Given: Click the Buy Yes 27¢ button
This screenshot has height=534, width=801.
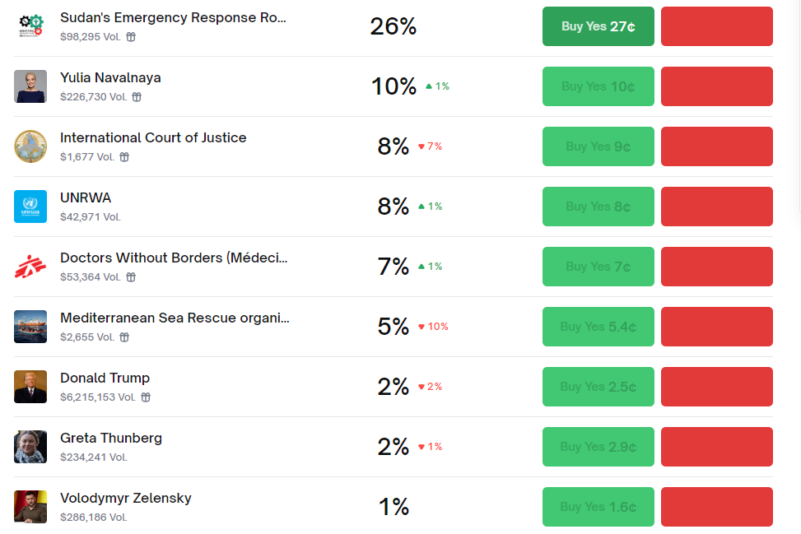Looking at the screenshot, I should point(598,26).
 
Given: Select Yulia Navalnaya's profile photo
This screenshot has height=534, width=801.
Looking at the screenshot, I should point(30,86).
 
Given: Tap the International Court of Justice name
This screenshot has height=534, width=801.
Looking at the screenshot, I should point(153,137).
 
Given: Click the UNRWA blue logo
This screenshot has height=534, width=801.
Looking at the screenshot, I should point(30,207).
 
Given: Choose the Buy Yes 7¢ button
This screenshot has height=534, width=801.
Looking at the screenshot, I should point(598,267).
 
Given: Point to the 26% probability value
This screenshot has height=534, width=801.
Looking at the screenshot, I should point(394,26).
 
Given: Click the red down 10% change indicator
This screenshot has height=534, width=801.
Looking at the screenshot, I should point(433,327).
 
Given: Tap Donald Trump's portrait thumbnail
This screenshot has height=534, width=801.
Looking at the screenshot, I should point(30,387).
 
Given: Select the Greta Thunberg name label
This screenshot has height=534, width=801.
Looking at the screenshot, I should point(111,438).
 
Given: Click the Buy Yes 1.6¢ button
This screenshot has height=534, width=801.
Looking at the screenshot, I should point(598,507).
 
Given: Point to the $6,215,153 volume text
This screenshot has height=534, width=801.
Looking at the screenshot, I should point(97,397).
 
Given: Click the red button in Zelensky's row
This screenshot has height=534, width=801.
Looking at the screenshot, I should point(716,507).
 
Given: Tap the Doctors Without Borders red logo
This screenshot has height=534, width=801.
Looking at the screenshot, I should point(30,267).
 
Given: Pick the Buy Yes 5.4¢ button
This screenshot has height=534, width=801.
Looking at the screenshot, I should point(598,327).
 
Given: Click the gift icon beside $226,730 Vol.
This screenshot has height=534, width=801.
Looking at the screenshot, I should point(137,97).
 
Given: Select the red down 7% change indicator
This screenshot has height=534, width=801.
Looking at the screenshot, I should point(430,146).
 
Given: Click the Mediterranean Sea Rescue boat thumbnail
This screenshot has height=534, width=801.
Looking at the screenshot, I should point(30,327).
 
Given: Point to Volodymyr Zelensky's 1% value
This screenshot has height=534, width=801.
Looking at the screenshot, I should point(394,507).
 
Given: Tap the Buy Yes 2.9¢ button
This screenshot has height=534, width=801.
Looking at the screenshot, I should point(598,447).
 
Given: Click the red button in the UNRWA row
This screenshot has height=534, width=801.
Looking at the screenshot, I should point(716,207).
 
